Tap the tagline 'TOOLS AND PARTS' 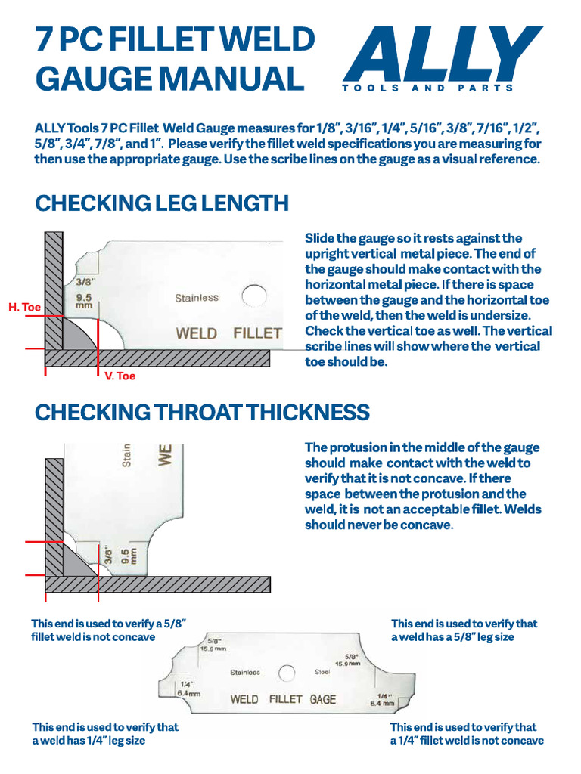point(427,88)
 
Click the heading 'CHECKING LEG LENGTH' point(162,203)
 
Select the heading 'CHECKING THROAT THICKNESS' point(202,412)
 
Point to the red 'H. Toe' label point(24,307)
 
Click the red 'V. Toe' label point(120,376)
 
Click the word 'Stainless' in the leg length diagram point(197,298)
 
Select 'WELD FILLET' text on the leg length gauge point(228,333)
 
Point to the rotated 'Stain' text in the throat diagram point(127,454)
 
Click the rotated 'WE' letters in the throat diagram point(166,454)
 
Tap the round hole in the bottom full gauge point(286,673)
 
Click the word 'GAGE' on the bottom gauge point(323,699)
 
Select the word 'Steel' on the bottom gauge point(323,672)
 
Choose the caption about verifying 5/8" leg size point(464,630)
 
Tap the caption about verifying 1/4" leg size point(105,734)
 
